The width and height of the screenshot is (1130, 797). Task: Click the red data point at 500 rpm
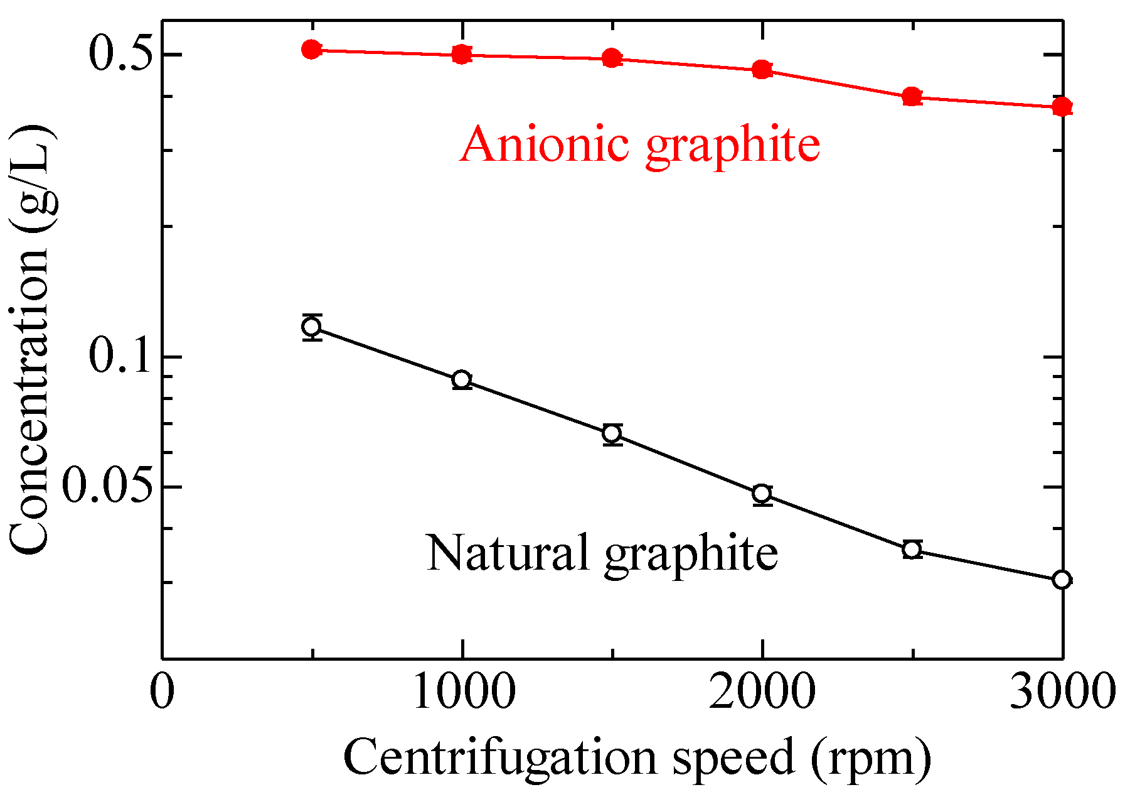[312, 50]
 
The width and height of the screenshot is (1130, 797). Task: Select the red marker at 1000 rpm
[462, 55]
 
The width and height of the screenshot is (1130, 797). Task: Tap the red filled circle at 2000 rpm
[762, 69]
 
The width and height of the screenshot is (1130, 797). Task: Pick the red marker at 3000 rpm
[1062, 106]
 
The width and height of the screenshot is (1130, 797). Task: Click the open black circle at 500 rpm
[312, 327]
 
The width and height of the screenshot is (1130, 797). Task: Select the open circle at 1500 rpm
[612, 433]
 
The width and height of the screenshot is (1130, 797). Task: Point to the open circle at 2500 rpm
[912, 550]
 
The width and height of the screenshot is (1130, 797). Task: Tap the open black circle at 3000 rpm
[1062, 579]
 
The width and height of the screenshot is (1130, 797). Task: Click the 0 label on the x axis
[162, 693]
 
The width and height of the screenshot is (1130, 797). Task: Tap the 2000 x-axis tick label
[762, 693]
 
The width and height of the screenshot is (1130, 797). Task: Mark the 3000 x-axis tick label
[1062, 693]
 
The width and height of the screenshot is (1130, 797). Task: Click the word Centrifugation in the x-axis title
[499, 757]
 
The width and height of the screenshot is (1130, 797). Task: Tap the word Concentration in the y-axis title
[30, 402]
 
